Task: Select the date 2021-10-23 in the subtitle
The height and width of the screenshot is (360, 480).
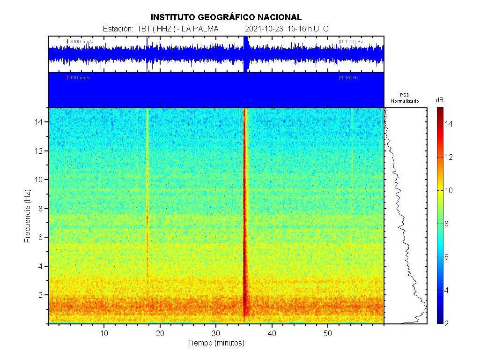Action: click(264, 29)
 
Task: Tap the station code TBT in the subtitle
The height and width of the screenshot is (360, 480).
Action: click(142, 29)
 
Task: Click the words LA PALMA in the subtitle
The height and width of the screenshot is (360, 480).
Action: click(200, 29)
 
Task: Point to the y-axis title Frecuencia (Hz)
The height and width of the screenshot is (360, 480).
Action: click(27, 216)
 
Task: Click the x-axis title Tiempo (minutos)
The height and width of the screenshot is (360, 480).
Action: click(216, 343)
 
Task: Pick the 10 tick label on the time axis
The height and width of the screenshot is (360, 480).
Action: click(104, 333)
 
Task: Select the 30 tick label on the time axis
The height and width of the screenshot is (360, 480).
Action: click(216, 333)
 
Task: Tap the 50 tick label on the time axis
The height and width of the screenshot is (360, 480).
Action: click(328, 333)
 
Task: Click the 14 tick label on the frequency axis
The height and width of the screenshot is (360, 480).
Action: click(39, 122)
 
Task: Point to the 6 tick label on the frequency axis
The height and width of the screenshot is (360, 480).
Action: click(41, 237)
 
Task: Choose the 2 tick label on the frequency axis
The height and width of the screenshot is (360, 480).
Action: click(41, 295)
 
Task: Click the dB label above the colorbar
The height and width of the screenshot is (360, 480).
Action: click(440, 100)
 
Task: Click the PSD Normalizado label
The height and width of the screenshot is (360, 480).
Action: click(405, 98)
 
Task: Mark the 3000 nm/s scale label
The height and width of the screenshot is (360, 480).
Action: click(81, 42)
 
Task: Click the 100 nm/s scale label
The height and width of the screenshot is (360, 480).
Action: click(80, 77)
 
